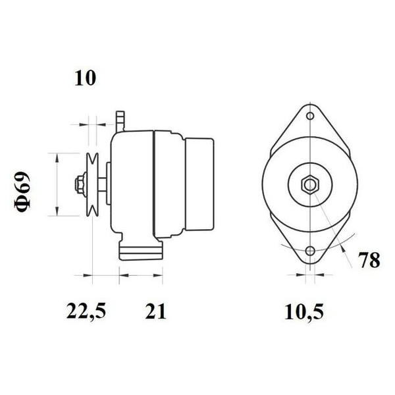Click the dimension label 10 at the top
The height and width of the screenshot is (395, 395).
tap(85, 78)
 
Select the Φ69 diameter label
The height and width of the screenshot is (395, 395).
tap(22, 191)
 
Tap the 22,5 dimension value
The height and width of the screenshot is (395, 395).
tap(86, 311)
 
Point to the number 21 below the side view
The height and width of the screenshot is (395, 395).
tap(155, 311)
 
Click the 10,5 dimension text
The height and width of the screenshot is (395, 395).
tap(303, 312)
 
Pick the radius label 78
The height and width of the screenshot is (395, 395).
tap(369, 260)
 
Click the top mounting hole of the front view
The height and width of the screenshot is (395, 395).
tap(310, 116)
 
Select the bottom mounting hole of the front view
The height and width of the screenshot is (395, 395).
tap(310, 251)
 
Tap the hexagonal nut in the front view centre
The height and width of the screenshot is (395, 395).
tap(310, 185)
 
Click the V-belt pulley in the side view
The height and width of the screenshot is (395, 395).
tap(92, 184)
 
